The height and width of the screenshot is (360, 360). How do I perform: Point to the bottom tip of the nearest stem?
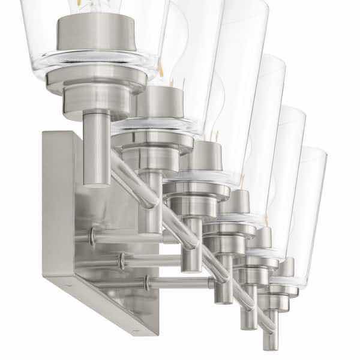point(96,183)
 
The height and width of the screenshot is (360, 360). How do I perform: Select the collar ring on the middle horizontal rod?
point(121,260)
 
